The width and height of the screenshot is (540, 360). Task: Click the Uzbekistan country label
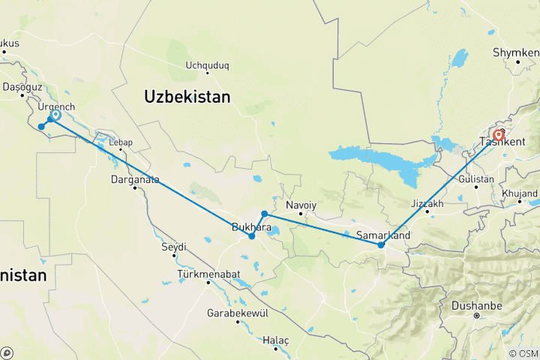tap(187, 97)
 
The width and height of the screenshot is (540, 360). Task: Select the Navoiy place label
tap(300, 204)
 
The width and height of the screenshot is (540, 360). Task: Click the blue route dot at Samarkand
tap(381, 244)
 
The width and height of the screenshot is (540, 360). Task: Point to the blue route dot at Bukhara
tap(252, 236)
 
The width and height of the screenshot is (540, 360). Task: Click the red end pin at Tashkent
tap(499, 135)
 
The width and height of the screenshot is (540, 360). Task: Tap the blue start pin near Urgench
tap(55, 115)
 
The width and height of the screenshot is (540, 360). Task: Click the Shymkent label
tap(517, 53)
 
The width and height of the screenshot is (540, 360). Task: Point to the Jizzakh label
tap(428, 203)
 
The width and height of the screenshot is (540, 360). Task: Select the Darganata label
tap(135, 179)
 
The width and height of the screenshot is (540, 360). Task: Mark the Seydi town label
tap(173, 246)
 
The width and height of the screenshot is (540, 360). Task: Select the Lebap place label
tap(120, 141)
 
